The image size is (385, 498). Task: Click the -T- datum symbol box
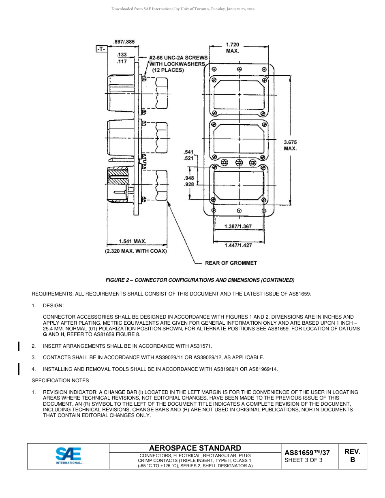(x=101, y=49)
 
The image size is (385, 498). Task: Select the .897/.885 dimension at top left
(x=124, y=41)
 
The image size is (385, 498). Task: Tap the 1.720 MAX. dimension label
(x=232, y=47)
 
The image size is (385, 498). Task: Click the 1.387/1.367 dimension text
(x=238, y=227)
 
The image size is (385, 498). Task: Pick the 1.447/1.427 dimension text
(x=238, y=245)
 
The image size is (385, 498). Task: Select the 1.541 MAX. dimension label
(x=133, y=241)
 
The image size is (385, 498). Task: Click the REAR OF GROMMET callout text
(x=231, y=263)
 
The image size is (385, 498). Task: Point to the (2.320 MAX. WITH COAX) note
(x=136, y=251)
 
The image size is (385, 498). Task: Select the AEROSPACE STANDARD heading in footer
(x=195, y=448)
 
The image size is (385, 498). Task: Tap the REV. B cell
(x=352, y=455)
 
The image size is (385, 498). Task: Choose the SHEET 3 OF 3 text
(x=304, y=460)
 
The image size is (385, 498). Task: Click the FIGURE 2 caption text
(x=200, y=280)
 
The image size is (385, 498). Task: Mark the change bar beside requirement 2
(x=19, y=346)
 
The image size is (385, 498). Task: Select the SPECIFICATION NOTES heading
(x=60, y=381)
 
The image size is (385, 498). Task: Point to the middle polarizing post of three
(x=239, y=163)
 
